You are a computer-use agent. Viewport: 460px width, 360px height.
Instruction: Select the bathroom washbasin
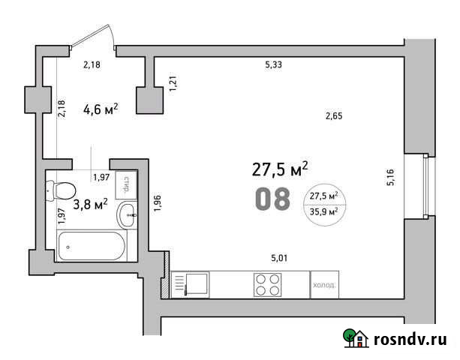click(x=128, y=214)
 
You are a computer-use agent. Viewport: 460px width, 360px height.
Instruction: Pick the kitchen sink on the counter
click(x=196, y=285)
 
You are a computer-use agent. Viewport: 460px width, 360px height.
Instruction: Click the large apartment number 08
click(x=272, y=199)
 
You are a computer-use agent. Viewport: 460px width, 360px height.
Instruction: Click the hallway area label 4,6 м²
click(x=100, y=109)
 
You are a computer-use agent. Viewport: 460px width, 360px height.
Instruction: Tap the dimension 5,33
click(x=275, y=65)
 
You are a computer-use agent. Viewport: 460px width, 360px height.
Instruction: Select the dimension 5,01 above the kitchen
click(x=279, y=259)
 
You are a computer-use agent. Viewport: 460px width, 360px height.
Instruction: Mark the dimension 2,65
click(x=334, y=115)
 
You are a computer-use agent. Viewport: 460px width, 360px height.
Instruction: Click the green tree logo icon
click(x=352, y=339)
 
